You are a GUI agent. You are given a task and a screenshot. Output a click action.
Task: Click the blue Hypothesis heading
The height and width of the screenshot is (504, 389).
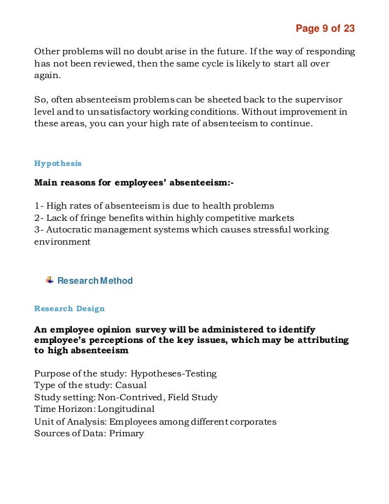tap(58, 164)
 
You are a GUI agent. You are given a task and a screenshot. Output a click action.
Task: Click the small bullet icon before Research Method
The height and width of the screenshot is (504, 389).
tap(49, 281)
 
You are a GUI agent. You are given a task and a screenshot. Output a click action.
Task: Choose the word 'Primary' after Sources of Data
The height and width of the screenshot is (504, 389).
tap(124, 433)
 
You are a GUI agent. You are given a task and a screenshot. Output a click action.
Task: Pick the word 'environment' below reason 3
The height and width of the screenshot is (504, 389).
tap(62, 242)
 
